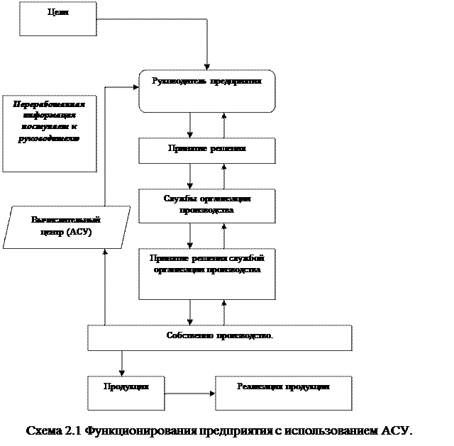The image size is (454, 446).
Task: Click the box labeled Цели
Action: [57, 18]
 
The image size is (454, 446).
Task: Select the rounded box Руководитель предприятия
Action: [206, 91]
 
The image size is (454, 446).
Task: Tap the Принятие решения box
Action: [206, 150]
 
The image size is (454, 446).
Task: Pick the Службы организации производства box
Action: [206, 206]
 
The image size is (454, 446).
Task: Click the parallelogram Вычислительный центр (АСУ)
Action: [67, 227]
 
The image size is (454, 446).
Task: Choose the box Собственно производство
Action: [219, 338]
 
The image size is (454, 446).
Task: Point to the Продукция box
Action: [126, 392]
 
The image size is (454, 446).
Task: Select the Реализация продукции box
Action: [283, 392]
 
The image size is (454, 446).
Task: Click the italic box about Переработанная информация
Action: [49, 134]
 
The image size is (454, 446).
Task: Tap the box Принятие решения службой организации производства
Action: [206, 273]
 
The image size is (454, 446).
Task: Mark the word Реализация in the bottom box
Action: [259, 386]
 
